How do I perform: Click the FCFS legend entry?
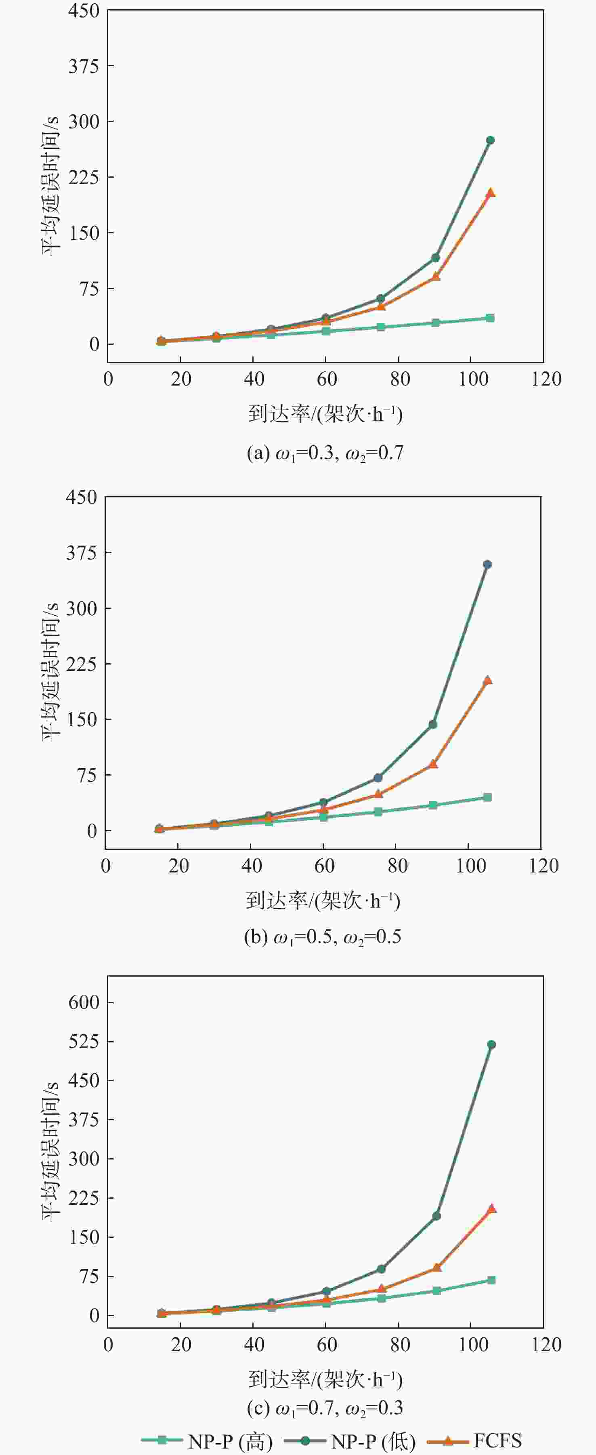474,1440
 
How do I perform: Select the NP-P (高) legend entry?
207,1441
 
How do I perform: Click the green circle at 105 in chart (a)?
490,140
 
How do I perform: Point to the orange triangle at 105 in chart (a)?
490,193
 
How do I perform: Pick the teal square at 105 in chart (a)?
490,318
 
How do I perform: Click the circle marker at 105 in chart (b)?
487,564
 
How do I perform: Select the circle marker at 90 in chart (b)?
433,724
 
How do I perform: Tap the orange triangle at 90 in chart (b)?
433,764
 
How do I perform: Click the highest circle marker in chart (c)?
491,1045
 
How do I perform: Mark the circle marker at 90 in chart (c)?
437,1216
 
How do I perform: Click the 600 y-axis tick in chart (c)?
84,1002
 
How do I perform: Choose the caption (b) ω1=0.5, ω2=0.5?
323,937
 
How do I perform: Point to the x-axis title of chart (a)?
325,414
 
